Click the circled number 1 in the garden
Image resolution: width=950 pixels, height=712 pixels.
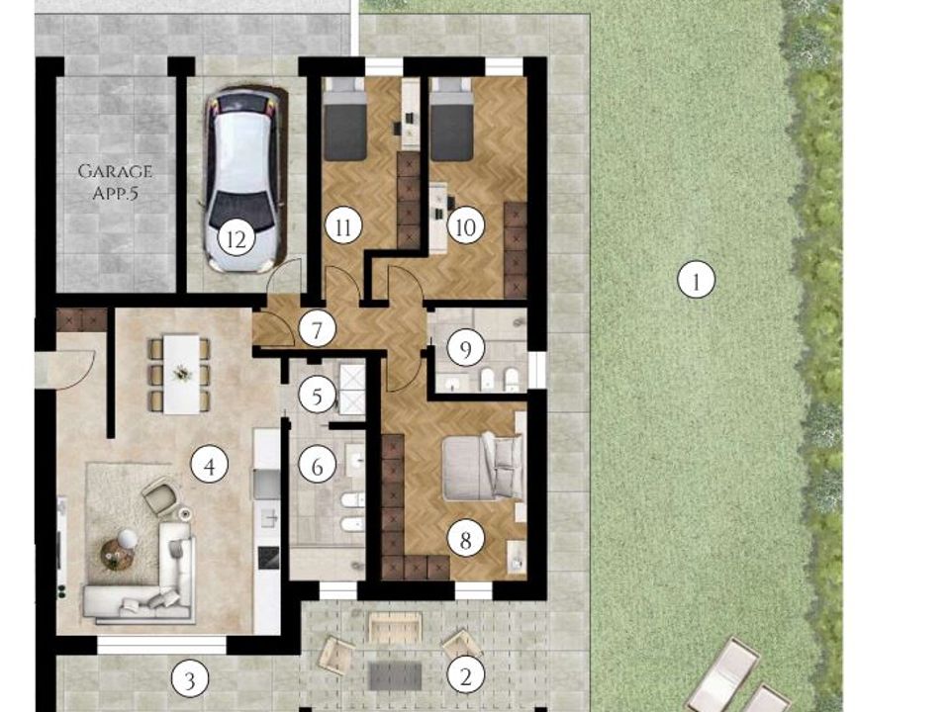click(696, 280)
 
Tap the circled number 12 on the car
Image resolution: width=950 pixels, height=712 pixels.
click(237, 239)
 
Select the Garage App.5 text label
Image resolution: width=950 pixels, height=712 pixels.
click(115, 182)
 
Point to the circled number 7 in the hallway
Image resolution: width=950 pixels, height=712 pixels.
click(317, 330)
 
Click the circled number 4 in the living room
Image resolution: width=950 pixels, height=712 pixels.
click(209, 465)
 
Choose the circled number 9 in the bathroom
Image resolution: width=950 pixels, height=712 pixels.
click(465, 348)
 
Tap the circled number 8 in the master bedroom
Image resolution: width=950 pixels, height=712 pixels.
click(465, 539)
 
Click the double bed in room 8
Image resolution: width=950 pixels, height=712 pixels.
click(483, 466)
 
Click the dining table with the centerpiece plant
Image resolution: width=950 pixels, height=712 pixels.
click(182, 374)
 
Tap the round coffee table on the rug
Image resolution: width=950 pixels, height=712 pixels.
click(117, 555)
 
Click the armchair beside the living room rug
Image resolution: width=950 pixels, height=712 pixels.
click(160, 496)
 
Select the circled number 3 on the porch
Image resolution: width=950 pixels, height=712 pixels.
click(190, 680)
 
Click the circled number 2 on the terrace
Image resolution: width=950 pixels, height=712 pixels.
click(465, 675)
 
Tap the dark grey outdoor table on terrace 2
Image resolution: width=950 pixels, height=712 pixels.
click(395, 675)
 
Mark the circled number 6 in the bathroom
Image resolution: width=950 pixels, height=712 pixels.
click(317, 466)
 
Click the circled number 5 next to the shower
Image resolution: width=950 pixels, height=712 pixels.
click(317, 396)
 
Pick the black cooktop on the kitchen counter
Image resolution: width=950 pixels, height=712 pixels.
click(268, 557)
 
